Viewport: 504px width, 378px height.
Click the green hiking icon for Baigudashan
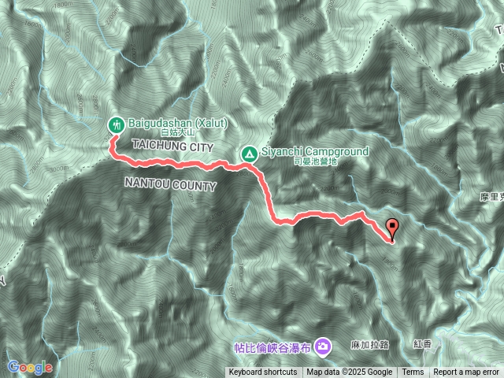tap(116, 124)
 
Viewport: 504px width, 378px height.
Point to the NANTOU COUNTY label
tap(170, 184)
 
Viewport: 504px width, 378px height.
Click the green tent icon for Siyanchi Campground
tap(248, 151)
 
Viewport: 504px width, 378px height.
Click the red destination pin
tap(393, 227)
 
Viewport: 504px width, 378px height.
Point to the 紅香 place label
tap(422, 346)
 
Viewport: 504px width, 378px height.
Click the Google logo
tap(30, 367)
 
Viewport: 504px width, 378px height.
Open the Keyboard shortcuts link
tap(263, 372)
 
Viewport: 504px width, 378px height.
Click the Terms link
tap(413, 372)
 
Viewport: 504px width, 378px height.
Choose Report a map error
tap(466, 372)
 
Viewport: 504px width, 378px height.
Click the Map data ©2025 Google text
tap(350, 372)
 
